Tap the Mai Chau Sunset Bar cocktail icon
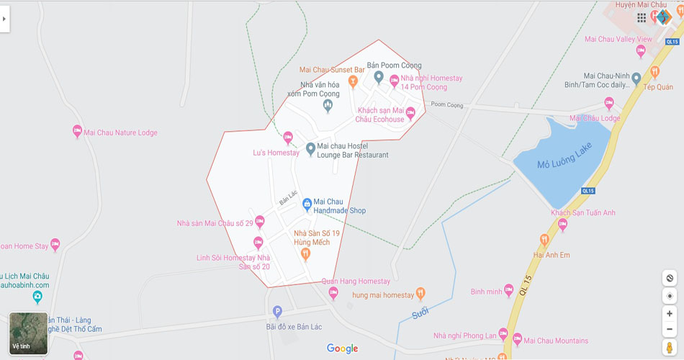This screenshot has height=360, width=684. pos(353,81)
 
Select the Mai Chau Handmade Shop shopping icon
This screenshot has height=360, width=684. pos(307,204)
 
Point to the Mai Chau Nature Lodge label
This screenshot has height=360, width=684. pos(120,132)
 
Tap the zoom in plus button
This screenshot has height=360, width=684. pos(670,314)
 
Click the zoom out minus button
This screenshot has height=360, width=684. pos(670,329)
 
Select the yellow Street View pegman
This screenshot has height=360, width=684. pos(670,348)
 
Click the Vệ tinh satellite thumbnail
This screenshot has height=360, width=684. pos(29,333)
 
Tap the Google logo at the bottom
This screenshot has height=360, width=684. pos(342,348)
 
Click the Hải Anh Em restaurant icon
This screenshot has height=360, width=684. pos(545,240)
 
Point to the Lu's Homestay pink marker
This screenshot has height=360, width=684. pos(288,138)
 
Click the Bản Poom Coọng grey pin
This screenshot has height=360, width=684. pos(379,77)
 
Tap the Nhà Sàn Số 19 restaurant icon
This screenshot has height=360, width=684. pos(305,253)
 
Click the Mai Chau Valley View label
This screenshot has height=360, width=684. pos(618,39)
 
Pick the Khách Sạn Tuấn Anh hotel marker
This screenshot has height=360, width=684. pos(562,224)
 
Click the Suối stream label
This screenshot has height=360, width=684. pos(420,313)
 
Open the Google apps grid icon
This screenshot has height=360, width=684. pos(642,17)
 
